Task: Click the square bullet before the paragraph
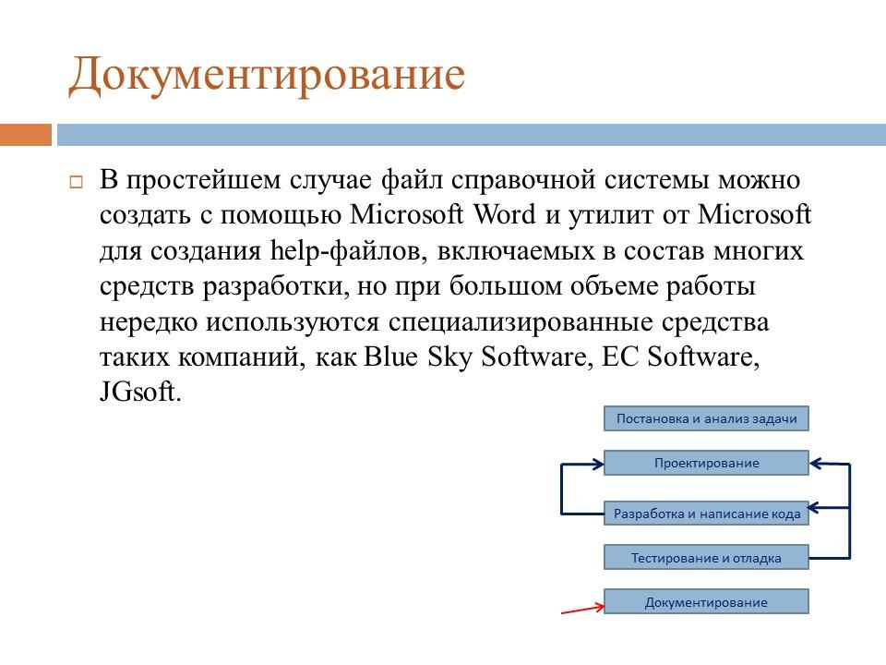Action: coord(77,182)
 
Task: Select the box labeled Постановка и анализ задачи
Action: coord(706,418)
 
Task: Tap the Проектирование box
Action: coord(706,463)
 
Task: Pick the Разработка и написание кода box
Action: coord(706,514)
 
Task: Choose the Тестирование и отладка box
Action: coord(706,558)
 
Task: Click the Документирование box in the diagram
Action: coord(706,602)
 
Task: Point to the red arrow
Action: coord(581,608)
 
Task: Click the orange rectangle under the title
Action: coord(25,135)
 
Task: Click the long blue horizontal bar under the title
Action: coord(471,135)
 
